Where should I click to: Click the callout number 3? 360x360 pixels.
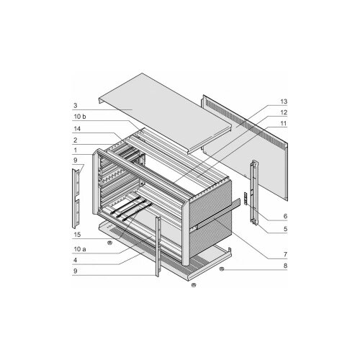[76, 105]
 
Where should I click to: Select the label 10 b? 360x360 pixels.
[80, 117]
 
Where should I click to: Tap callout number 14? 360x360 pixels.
[77, 129]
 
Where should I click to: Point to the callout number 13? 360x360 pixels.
[284, 102]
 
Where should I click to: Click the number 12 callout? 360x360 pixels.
[284, 112]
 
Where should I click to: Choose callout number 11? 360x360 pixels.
[284, 123]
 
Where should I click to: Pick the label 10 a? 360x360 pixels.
[80, 249]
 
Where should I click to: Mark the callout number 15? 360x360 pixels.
[77, 235]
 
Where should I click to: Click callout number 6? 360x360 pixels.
[285, 216]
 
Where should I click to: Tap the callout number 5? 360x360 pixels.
[285, 229]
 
